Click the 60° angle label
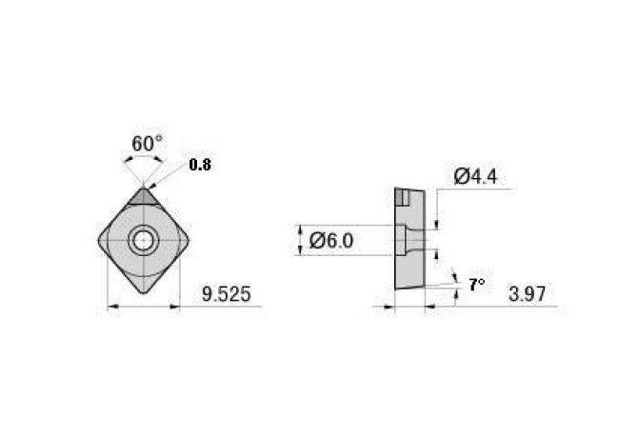tap(146, 144)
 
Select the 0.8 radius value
tap(200, 165)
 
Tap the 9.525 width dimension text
tap(227, 295)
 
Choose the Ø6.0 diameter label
tap(333, 241)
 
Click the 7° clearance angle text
tap(476, 284)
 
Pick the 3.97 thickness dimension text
tap(527, 295)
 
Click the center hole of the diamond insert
tap(145, 240)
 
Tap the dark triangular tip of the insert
tap(145, 196)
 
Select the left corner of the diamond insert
tap(100, 240)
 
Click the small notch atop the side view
tap(405, 198)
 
